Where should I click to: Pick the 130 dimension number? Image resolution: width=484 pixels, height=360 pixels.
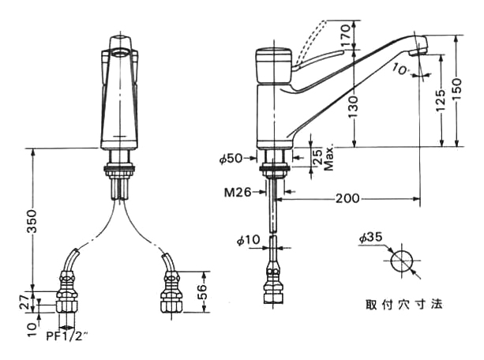[x=353, y=103]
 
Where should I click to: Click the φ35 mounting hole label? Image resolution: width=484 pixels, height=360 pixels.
[x=370, y=236]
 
